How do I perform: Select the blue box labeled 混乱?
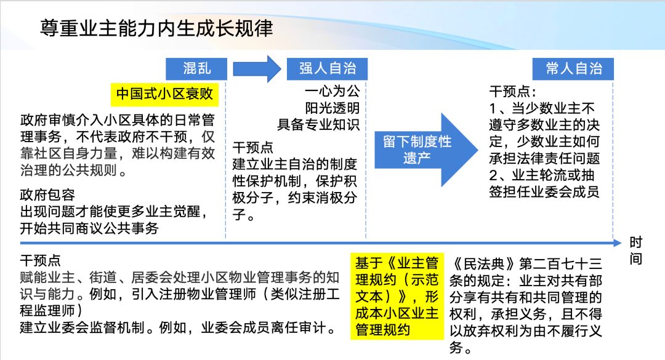tap(196, 68)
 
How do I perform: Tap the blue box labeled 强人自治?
tap(328, 68)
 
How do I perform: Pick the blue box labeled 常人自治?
tap(573, 68)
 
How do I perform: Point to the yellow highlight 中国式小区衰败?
tap(164, 94)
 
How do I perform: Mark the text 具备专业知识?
tap(317, 124)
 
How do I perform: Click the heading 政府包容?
tap(47, 195)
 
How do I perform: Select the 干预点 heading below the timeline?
tap(41, 260)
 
